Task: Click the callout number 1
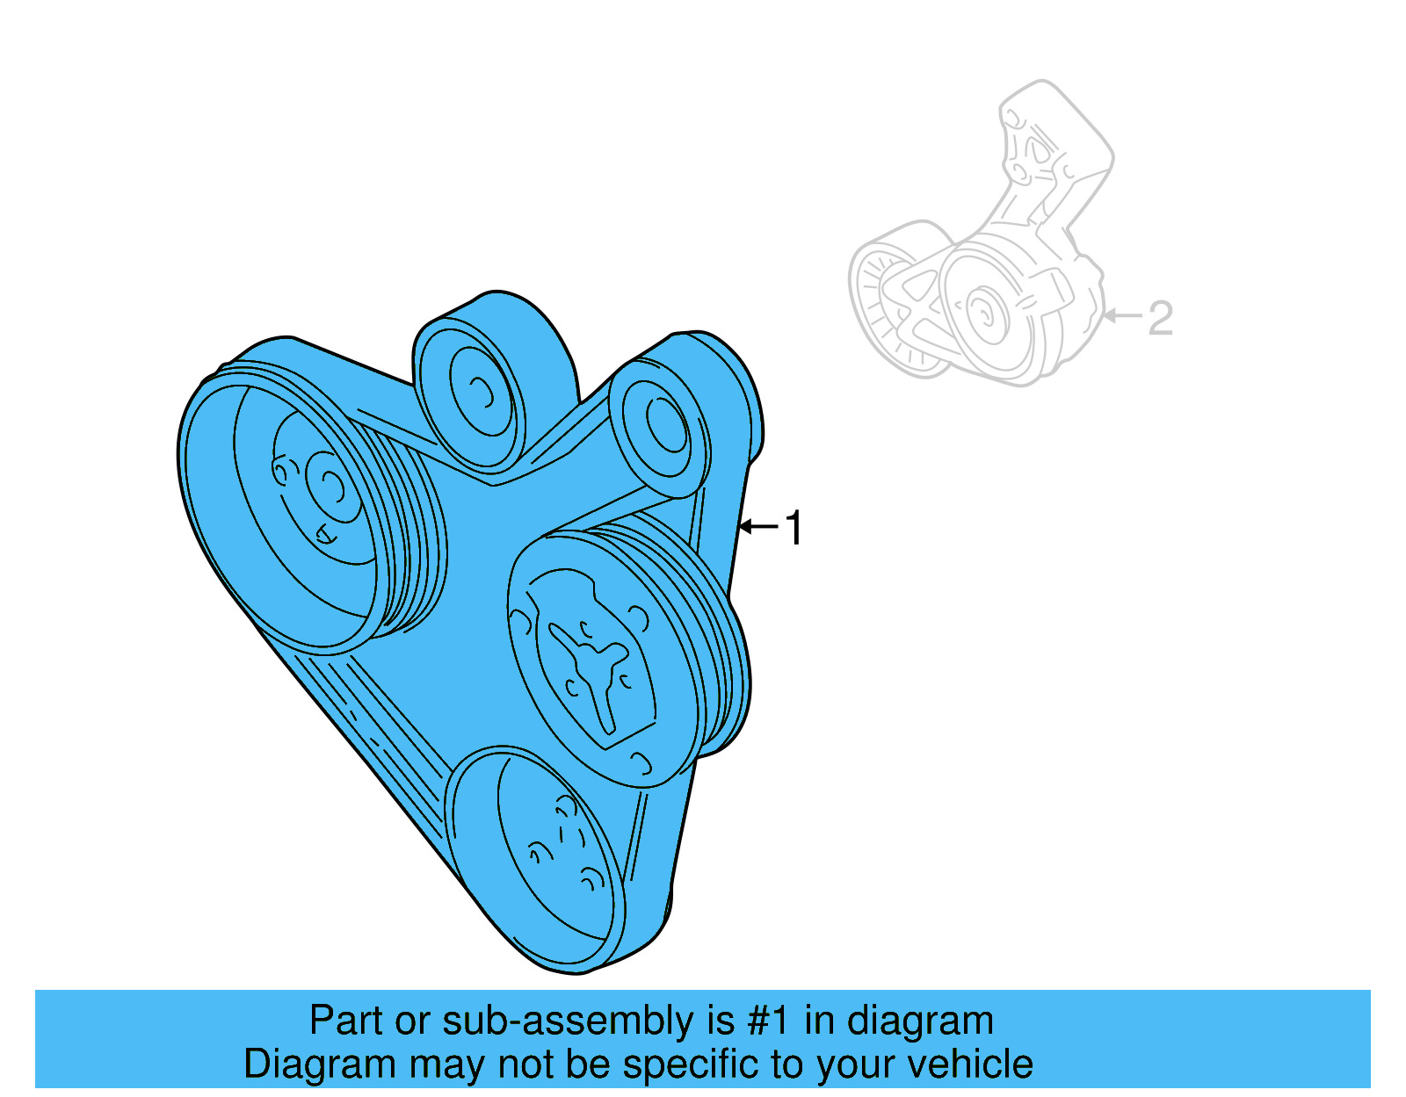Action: pyautogui.click(x=794, y=528)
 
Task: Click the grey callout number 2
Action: pyautogui.click(x=1160, y=318)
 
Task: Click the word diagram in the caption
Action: pyautogui.click(x=920, y=1021)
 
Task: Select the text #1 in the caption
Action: pyautogui.click(x=769, y=1021)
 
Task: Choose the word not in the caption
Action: pyautogui.click(x=524, y=1065)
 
